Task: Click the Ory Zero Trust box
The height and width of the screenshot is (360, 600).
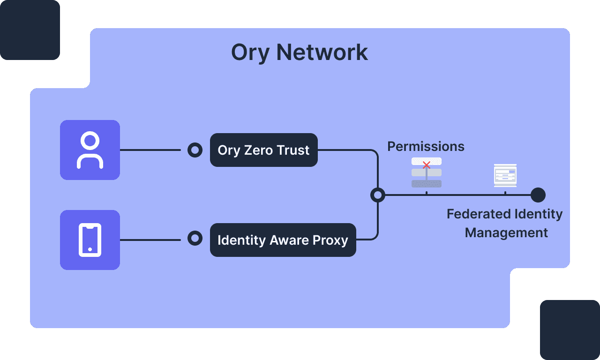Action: [x=263, y=150]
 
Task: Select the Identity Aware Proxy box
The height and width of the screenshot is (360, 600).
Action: [x=283, y=240]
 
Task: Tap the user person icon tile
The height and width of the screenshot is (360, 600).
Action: [x=90, y=150]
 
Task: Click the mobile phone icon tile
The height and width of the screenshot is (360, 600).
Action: [x=90, y=240]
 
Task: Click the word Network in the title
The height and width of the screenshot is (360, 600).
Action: [x=322, y=52]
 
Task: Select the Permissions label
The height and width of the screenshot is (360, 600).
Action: [x=426, y=147]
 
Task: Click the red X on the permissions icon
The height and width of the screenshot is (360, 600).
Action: [x=427, y=165]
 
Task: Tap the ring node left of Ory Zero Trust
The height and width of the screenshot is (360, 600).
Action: [x=195, y=150]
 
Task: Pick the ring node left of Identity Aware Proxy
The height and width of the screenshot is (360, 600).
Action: [x=195, y=238]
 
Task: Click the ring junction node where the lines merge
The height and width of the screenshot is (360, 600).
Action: [x=377, y=195]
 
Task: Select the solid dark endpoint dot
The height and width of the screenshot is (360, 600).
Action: [x=538, y=195]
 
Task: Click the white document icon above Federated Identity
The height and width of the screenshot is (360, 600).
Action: [x=505, y=175]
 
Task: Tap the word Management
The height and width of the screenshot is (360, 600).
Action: [x=506, y=233]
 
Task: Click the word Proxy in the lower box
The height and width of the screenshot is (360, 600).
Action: [x=331, y=240]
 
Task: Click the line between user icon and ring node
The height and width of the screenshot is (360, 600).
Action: [x=150, y=150]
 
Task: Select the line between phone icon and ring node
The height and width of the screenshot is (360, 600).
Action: [x=150, y=240]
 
